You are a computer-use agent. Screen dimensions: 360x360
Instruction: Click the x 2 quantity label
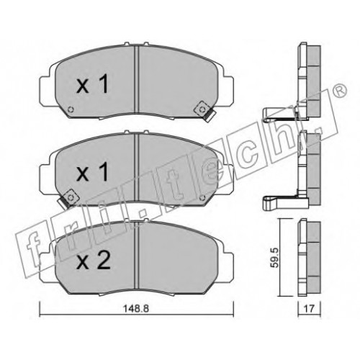94,260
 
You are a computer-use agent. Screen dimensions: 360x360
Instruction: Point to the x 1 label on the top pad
92,84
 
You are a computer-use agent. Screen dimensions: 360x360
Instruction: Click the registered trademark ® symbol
341,91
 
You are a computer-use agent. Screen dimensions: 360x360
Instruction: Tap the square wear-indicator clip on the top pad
202,109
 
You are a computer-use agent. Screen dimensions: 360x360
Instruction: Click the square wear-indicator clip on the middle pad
71,197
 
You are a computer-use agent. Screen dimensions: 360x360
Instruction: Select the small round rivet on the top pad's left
71,109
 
